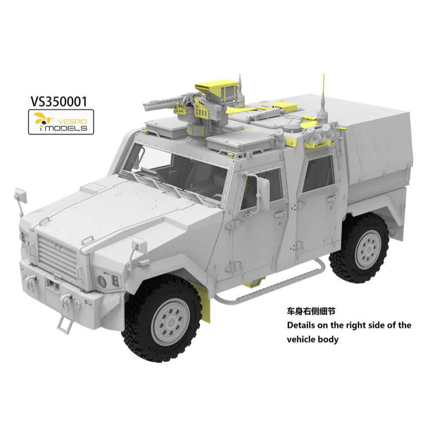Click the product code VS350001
pyautogui.click(x=59, y=102)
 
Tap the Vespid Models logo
pyautogui.click(x=61, y=122)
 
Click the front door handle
pyautogui.click(x=280, y=214)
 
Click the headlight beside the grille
pyautogui.click(x=102, y=281)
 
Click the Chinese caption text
pyautogui.click(x=311, y=311)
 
